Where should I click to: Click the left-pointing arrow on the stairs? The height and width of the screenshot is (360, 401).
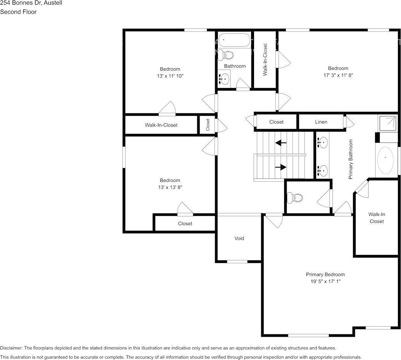pos(281,143)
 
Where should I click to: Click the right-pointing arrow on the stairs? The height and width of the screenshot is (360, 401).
pos(281,167)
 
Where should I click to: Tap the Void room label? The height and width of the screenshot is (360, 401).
pos(239,238)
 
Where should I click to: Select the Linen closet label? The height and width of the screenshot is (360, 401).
pos(321,122)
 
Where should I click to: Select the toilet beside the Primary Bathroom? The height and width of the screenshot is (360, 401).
pos(295,198)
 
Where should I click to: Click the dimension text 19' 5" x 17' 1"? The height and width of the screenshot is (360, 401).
pos(325,282)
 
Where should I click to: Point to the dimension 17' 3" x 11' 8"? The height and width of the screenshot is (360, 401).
pos(338,75)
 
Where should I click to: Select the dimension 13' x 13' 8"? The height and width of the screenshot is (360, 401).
pos(170,187)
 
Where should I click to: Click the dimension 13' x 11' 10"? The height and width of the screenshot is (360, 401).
pos(170,76)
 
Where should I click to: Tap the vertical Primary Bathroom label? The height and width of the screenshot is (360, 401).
pos(351,159)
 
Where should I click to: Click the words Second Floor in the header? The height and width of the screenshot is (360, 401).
pos(18,12)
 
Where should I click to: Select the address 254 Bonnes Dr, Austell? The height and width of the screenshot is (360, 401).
pos(31,3)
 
